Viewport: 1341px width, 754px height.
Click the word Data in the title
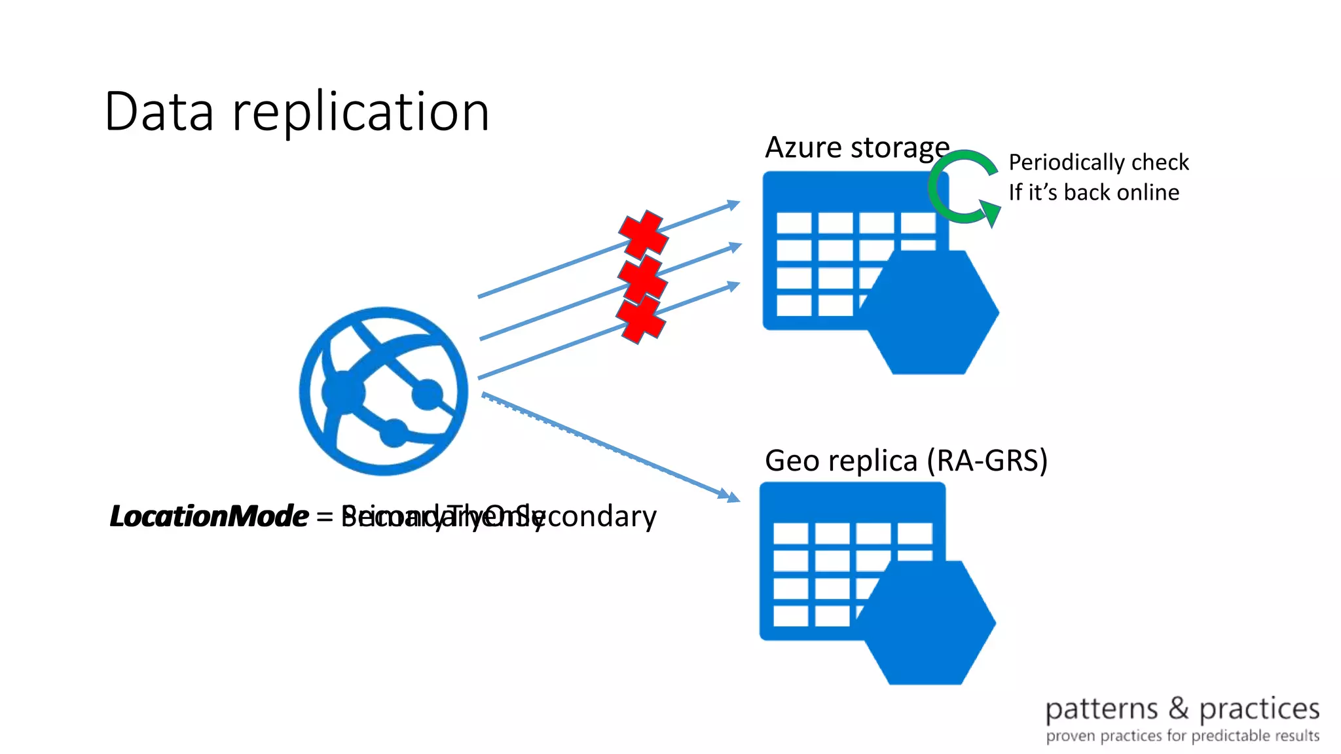(x=159, y=112)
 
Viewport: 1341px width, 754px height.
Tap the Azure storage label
(x=856, y=147)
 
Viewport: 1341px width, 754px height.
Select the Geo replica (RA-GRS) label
(x=906, y=460)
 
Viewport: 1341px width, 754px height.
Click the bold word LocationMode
(x=208, y=516)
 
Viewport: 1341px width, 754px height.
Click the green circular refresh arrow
(x=961, y=187)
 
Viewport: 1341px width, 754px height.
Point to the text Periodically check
(x=1098, y=162)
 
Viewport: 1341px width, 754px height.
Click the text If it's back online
(x=1093, y=192)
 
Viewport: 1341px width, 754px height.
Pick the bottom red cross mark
(x=640, y=319)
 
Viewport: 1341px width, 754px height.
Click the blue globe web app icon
(x=384, y=391)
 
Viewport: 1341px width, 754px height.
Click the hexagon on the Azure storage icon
(x=930, y=312)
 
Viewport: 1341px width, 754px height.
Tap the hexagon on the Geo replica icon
(x=927, y=622)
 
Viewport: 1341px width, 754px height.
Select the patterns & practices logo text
(x=1182, y=709)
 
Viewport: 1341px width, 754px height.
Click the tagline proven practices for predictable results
(x=1182, y=736)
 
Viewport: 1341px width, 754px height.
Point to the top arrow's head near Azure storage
(x=733, y=205)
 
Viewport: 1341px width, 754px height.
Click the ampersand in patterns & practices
(x=1178, y=708)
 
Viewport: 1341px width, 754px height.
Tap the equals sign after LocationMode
(x=325, y=517)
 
